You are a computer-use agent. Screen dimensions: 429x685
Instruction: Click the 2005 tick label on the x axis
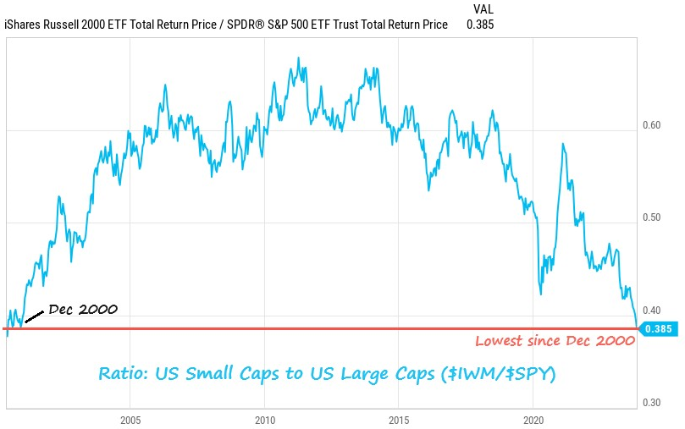[130, 421]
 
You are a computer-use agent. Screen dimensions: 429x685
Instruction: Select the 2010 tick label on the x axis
[265, 421]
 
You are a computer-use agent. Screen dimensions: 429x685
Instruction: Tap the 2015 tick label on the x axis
[399, 421]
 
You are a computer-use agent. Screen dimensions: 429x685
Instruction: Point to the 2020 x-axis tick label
[534, 421]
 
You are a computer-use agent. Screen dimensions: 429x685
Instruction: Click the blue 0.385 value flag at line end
[658, 328]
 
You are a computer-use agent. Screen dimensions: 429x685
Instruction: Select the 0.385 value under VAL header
[479, 25]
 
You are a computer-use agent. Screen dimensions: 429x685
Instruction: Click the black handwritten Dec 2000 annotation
[83, 310]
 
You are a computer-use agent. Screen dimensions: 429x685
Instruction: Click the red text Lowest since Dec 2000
[555, 341]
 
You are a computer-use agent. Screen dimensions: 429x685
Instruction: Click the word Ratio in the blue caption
[121, 373]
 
